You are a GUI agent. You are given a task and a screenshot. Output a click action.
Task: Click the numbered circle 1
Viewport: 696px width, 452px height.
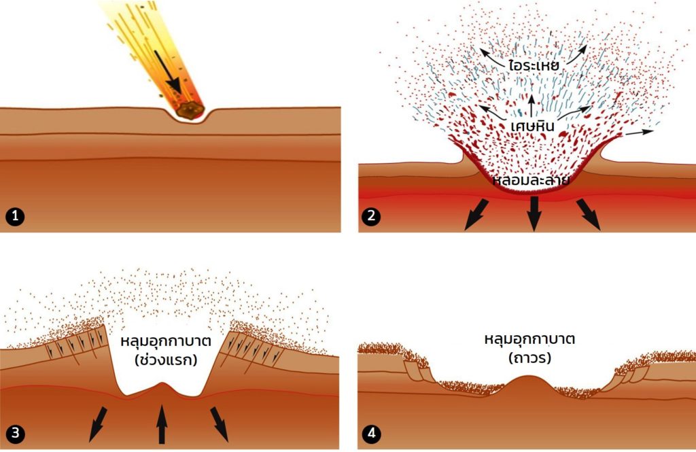coord(16,216)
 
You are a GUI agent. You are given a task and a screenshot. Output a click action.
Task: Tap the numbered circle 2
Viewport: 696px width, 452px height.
coord(371,216)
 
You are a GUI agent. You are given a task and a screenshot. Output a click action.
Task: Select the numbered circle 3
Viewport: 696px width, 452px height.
coord(16,432)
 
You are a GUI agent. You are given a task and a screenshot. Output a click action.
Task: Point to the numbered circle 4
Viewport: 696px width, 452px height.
coord(372,432)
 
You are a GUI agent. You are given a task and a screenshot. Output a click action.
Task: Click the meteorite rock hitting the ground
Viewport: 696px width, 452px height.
coord(189,109)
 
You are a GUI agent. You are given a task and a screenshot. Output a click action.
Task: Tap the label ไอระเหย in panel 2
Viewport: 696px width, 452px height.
coord(533,65)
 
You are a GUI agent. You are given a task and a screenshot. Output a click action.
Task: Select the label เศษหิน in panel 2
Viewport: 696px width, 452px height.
coord(532,126)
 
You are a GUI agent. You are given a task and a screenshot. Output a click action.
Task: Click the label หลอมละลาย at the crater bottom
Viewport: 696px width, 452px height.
coord(532,180)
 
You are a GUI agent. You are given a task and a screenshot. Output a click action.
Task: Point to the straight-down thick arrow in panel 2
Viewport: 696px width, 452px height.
coord(534,213)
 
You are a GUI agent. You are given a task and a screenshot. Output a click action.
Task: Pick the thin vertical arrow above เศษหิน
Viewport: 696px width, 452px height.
coord(532,106)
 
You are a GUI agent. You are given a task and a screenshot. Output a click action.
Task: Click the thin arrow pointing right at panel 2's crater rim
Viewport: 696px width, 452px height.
coord(639,133)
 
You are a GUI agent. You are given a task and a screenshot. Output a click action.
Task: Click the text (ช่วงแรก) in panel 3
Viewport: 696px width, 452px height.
coord(166,359)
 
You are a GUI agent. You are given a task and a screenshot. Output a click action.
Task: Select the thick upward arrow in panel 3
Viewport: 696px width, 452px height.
coord(162,424)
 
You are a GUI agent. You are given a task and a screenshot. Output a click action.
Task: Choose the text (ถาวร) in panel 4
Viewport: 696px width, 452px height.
coord(529,358)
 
